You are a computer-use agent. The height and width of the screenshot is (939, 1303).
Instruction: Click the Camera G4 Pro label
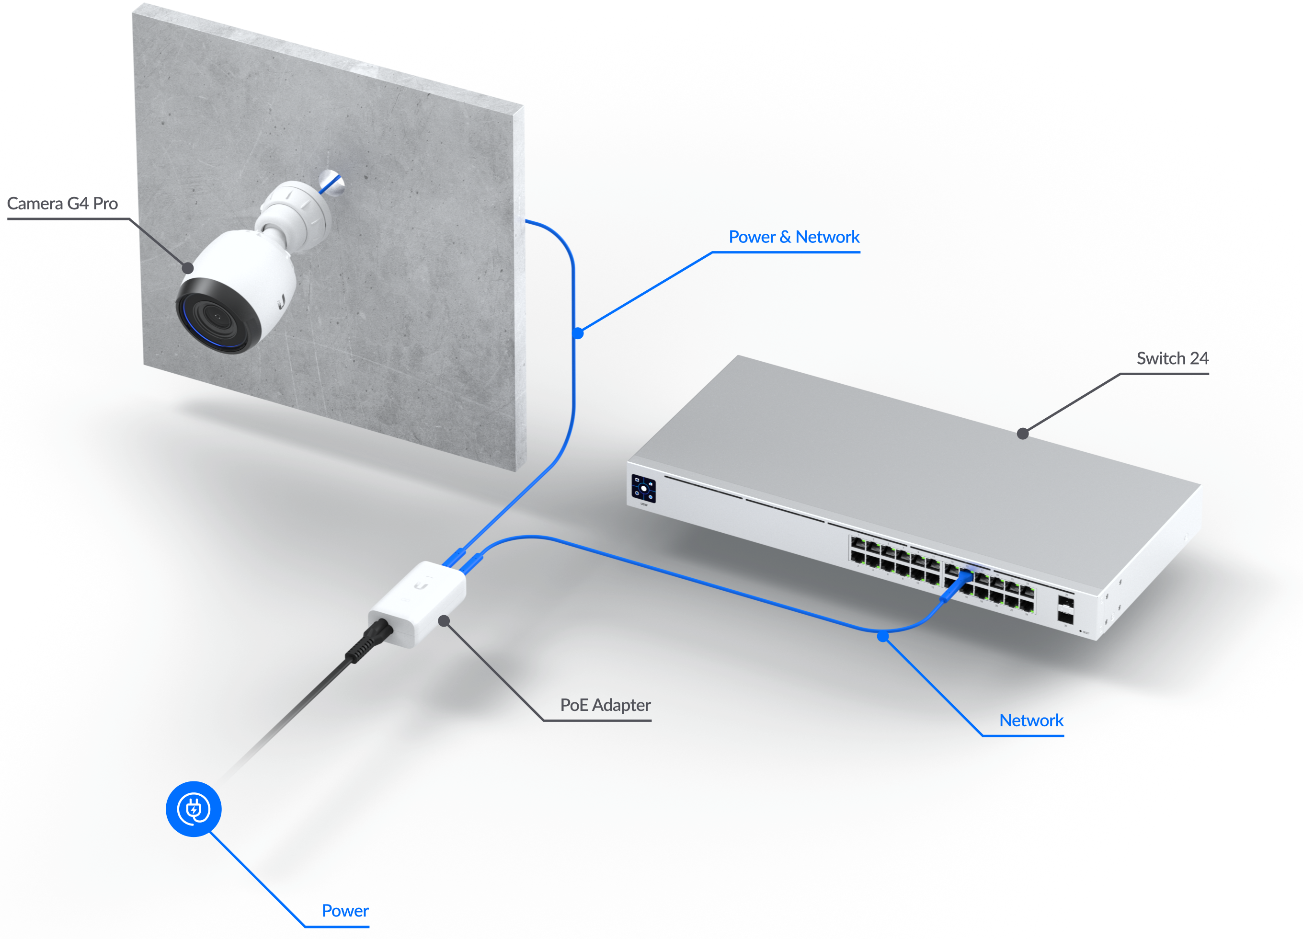62,204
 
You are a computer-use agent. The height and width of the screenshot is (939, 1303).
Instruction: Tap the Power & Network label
794,237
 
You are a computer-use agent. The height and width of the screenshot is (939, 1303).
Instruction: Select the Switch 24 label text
1173,358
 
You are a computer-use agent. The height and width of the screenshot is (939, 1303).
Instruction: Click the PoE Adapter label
605,705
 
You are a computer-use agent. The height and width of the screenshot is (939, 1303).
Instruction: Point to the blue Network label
1031,720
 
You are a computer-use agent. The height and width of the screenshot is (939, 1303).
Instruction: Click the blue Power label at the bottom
345,911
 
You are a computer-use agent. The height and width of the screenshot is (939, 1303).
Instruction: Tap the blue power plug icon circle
194,809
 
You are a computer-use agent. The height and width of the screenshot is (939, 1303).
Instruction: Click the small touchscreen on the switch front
643,489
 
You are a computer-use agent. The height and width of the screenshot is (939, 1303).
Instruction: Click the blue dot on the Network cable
883,636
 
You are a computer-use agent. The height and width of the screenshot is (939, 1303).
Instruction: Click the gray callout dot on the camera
188,268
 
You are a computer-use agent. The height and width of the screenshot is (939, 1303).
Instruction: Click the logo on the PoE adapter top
421,585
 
